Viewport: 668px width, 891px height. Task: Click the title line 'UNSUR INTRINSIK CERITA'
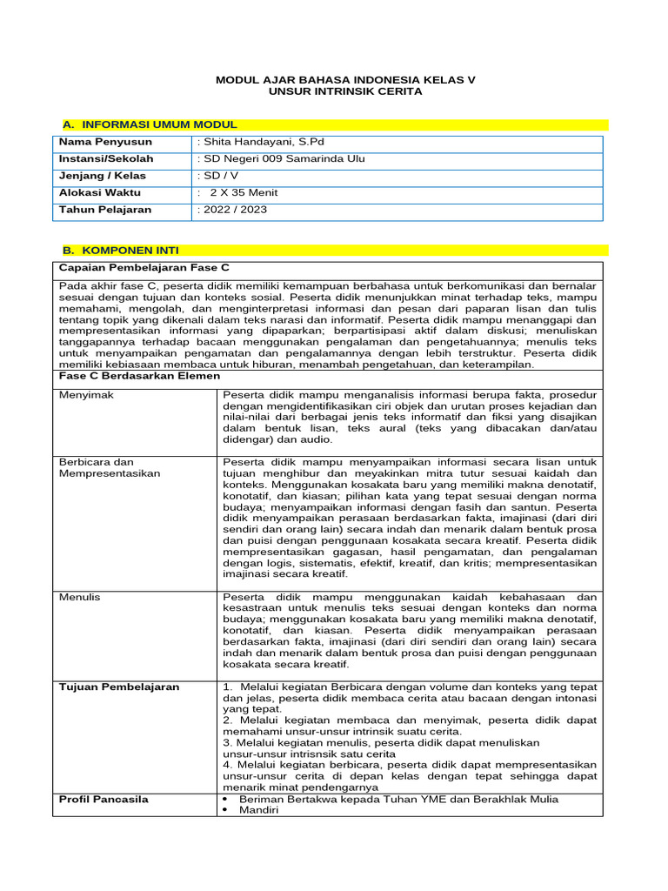(x=346, y=91)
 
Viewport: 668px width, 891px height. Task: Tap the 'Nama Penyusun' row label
(x=105, y=142)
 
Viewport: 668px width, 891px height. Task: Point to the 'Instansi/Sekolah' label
(x=106, y=158)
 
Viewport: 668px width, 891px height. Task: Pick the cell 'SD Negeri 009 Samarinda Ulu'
(x=282, y=158)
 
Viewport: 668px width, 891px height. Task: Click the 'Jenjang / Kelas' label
(x=103, y=176)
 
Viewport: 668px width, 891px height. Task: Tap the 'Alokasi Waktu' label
(x=100, y=192)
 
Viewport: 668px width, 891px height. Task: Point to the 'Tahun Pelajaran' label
(x=105, y=210)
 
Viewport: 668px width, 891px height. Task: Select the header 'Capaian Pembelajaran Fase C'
(x=137, y=267)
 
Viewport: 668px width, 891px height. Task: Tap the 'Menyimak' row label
(x=86, y=395)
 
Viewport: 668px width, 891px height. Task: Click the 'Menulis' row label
(x=80, y=597)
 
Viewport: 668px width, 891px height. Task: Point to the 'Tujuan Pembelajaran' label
(x=119, y=687)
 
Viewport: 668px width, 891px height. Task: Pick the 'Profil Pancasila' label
(x=104, y=799)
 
